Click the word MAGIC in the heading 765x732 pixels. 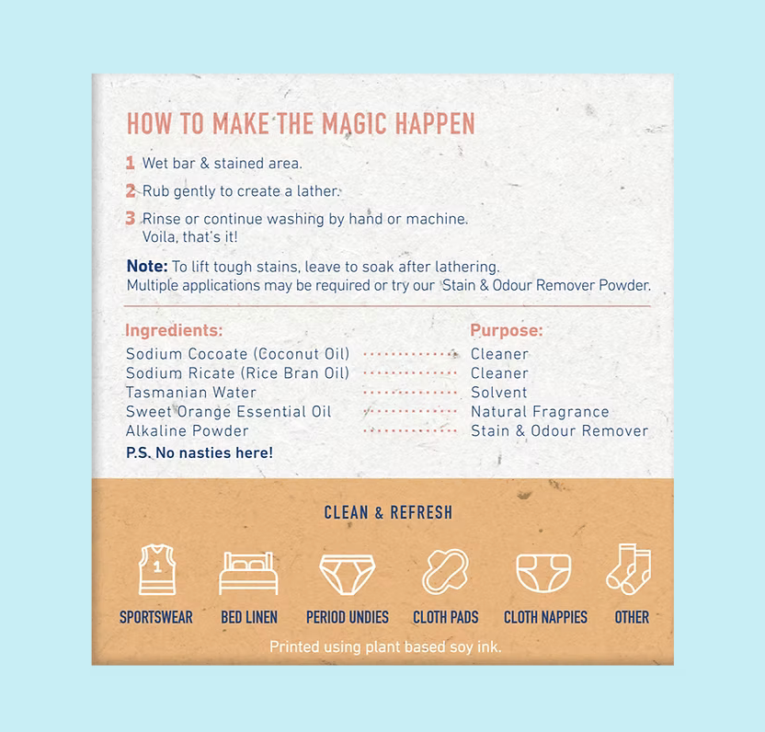point(355,124)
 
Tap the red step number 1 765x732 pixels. point(130,163)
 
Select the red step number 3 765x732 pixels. point(131,218)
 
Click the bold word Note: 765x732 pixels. point(147,267)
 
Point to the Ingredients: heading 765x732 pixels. point(174,330)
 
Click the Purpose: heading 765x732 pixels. point(507,330)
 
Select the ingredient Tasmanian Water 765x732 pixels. point(190,393)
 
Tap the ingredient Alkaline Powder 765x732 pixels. point(188,431)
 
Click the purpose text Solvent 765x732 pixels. point(498,393)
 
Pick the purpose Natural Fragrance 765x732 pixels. point(540,412)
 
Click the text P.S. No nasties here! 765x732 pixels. point(200,452)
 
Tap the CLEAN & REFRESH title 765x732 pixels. point(388,512)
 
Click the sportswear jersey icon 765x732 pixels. point(157,569)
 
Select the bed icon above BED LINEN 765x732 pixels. point(248,573)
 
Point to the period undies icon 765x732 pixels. point(348,575)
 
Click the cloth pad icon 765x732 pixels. point(445,571)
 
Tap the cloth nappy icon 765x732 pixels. point(543,574)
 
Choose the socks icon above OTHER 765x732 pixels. point(629,569)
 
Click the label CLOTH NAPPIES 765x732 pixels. point(545,617)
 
